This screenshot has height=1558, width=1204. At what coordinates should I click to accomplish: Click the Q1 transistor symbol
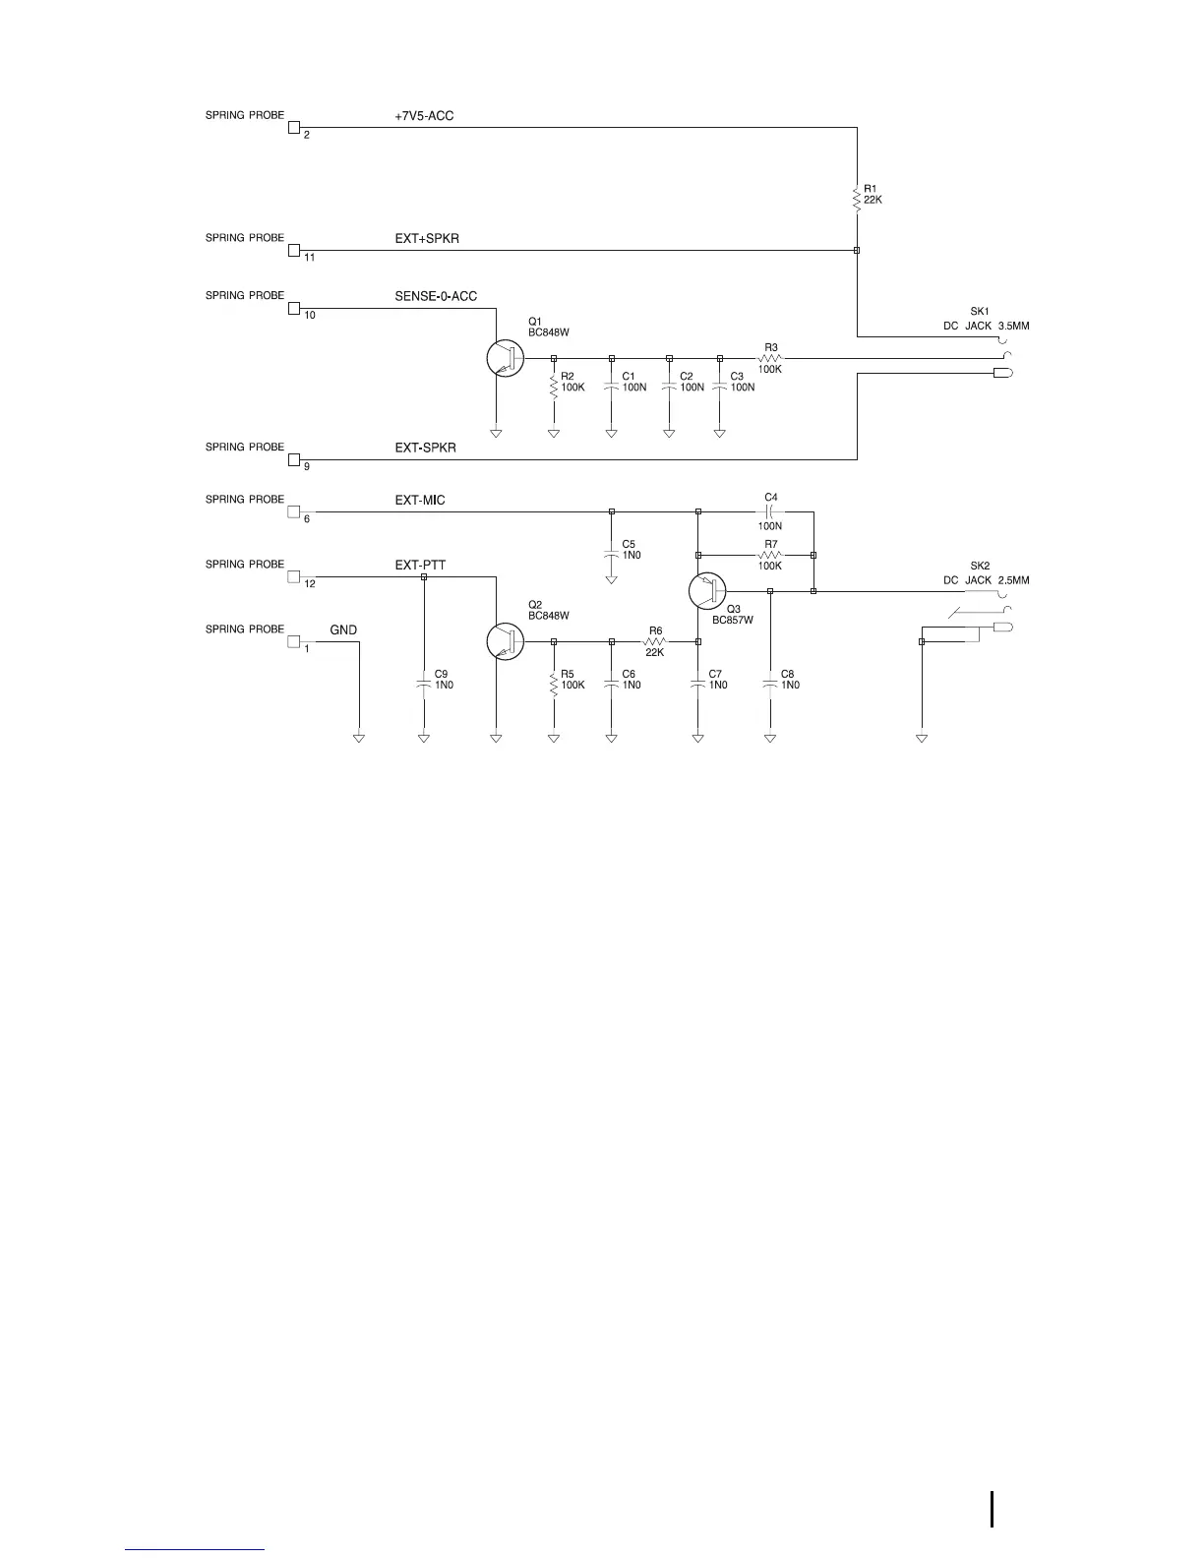pyautogui.click(x=505, y=359)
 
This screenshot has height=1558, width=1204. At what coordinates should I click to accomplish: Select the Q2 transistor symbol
pyautogui.click(x=505, y=641)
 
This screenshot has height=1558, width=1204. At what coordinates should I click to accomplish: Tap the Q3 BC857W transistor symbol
pyautogui.click(x=705, y=591)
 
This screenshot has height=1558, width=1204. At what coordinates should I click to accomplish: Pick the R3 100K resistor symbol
pyautogui.click(x=769, y=359)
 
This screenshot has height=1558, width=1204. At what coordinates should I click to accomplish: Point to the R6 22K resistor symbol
pyautogui.click(x=655, y=641)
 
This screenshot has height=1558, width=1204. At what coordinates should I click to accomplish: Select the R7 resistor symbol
pyautogui.click(x=770, y=555)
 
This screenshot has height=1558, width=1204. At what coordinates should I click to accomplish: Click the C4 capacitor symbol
pyautogui.click(x=770, y=512)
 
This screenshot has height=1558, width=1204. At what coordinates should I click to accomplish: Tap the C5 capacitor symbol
pyautogui.click(x=612, y=553)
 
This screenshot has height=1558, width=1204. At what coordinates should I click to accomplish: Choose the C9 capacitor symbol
pyautogui.click(x=424, y=681)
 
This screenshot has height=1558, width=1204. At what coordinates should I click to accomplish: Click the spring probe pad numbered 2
pyautogui.click(x=293, y=127)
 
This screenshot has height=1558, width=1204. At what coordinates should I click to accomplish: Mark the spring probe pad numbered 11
pyautogui.click(x=293, y=250)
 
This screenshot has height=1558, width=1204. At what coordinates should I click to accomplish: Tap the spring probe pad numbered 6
pyautogui.click(x=293, y=511)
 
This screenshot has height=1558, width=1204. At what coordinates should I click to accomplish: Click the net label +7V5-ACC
pyautogui.click(x=424, y=116)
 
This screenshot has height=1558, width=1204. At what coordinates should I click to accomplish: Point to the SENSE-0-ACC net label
pyautogui.click(x=436, y=296)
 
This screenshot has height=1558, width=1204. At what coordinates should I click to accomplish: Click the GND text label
pyautogui.click(x=343, y=630)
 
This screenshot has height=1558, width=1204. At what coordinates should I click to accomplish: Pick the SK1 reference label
pyautogui.click(x=980, y=312)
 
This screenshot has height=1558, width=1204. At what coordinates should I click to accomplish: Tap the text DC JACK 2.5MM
pyautogui.click(x=987, y=580)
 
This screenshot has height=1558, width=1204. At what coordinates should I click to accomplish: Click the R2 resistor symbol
pyautogui.click(x=554, y=384)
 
